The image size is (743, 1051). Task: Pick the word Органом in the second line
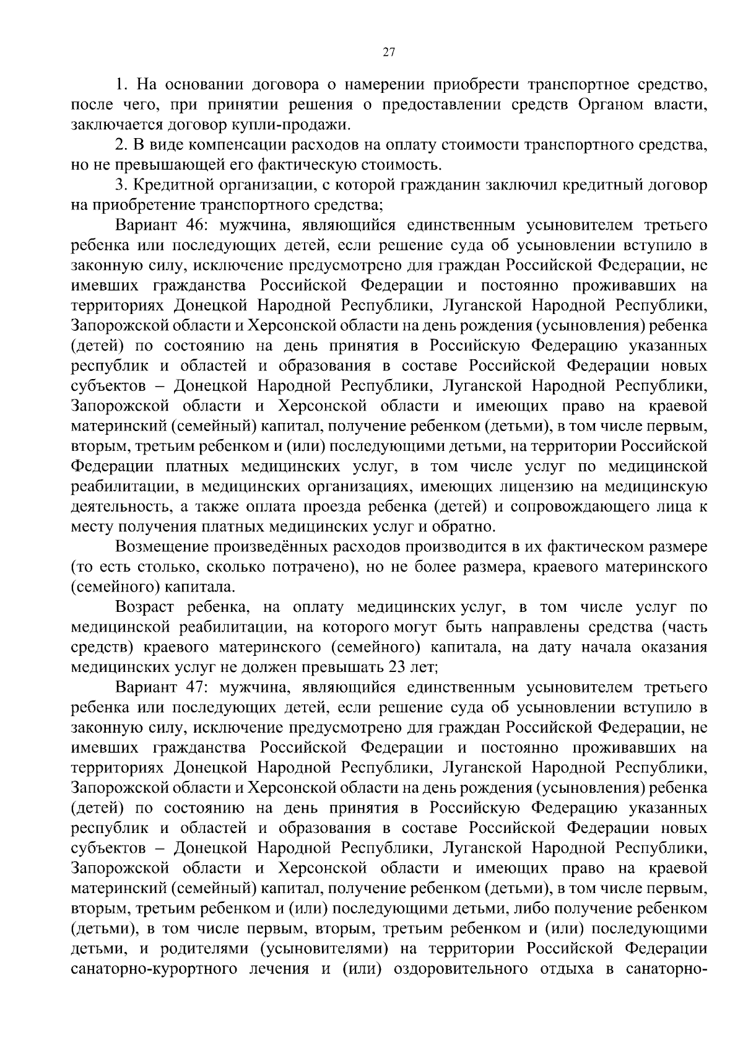pyautogui.click(x=612, y=104)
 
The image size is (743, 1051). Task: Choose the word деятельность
pyautogui.click(x=121, y=507)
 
